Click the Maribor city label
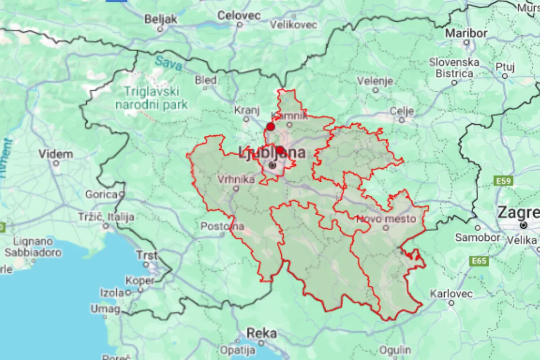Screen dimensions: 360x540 click(x=466, y=33)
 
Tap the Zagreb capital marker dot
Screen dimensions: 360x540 click(x=523, y=225)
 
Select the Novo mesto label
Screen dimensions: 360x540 click(x=386, y=219)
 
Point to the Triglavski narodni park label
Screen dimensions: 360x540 click(x=151, y=98)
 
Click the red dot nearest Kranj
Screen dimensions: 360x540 click(x=270, y=126)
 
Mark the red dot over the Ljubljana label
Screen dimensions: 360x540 click(x=280, y=150)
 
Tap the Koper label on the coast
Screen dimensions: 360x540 click(x=140, y=280)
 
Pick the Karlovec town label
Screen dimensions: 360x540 click(x=451, y=294)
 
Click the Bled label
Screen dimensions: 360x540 click(x=206, y=80)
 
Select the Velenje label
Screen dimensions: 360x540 click(x=375, y=81)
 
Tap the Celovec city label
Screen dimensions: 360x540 click(x=238, y=16)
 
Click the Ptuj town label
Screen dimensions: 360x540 click(x=504, y=67)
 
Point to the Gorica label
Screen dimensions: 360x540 click(x=101, y=195)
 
